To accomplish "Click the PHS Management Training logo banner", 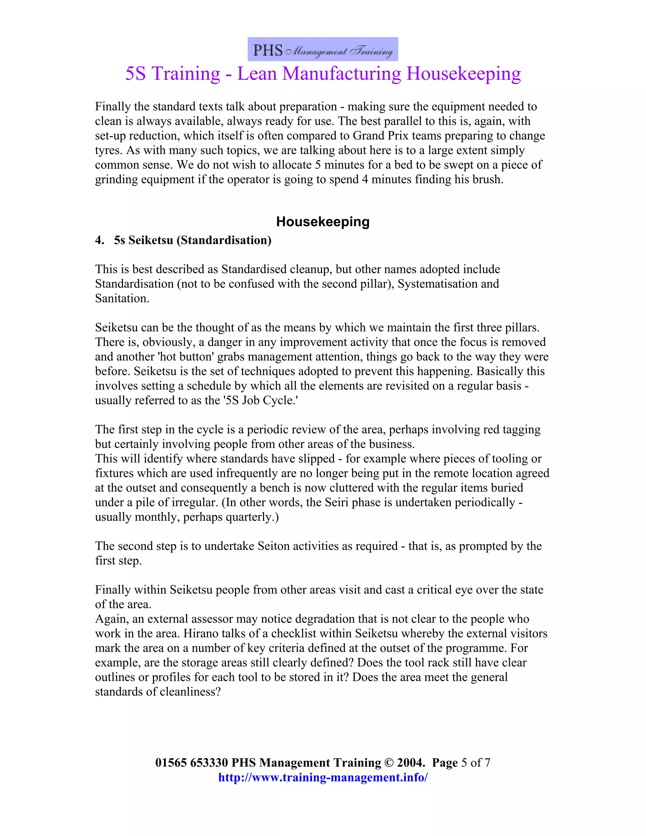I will click(x=323, y=50).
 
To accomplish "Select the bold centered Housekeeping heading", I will click(x=323, y=222).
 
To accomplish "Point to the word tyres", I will click(x=108, y=150).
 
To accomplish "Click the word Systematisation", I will click(x=433, y=284).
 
